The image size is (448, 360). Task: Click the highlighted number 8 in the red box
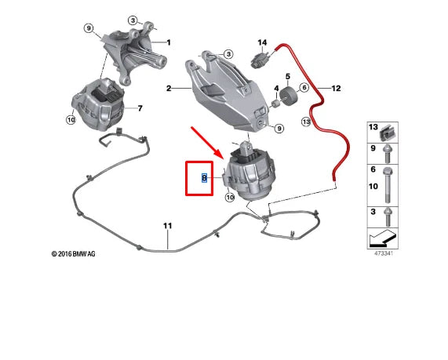[204, 178]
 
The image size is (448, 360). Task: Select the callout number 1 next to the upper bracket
[169, 42]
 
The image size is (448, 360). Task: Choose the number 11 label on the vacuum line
[166, 227]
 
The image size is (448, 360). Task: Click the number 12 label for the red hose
[337, 88]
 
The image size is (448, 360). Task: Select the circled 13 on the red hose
[307, 122]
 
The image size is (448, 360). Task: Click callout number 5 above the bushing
[287, 77]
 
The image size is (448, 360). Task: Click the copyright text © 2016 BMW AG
[74, 253]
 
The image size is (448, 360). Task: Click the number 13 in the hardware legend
[373, 128]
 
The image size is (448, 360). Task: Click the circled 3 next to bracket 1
[133, 20]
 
